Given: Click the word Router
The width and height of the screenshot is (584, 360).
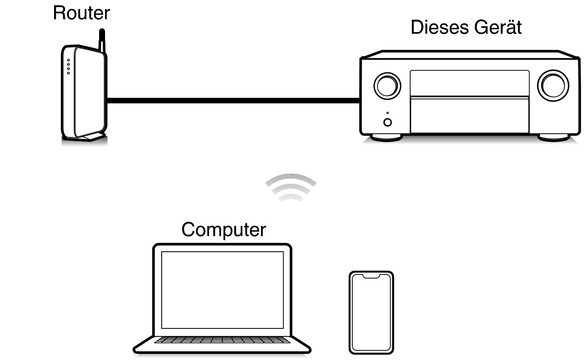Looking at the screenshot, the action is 81,13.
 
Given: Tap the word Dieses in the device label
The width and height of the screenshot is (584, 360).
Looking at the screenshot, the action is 440,27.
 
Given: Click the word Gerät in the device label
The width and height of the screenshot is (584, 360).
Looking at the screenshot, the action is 498,27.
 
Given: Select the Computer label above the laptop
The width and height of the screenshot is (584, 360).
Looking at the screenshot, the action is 224,230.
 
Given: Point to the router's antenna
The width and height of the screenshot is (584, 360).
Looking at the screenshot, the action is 102,40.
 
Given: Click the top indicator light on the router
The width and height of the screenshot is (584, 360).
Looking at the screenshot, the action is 69,61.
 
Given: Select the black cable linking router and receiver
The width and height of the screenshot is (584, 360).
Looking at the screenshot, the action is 233,100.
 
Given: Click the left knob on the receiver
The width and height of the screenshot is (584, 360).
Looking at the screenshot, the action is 387,86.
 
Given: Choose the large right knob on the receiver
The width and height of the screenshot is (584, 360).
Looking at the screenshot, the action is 553,86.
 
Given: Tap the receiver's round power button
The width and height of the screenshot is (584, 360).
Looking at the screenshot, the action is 388,123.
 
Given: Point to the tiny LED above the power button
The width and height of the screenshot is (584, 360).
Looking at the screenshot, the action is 388,113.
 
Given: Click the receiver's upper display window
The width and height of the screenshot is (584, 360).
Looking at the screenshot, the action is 470,83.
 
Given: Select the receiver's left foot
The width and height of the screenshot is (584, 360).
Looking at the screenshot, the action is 386,138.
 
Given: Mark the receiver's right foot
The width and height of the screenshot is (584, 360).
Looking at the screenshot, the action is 554,138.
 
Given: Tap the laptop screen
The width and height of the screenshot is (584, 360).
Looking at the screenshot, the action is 222,290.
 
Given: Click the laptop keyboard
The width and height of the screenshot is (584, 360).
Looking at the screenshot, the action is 222,340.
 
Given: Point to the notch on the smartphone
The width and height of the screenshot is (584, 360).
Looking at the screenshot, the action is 371,276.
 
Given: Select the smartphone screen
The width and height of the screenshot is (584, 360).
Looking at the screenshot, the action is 371,313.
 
